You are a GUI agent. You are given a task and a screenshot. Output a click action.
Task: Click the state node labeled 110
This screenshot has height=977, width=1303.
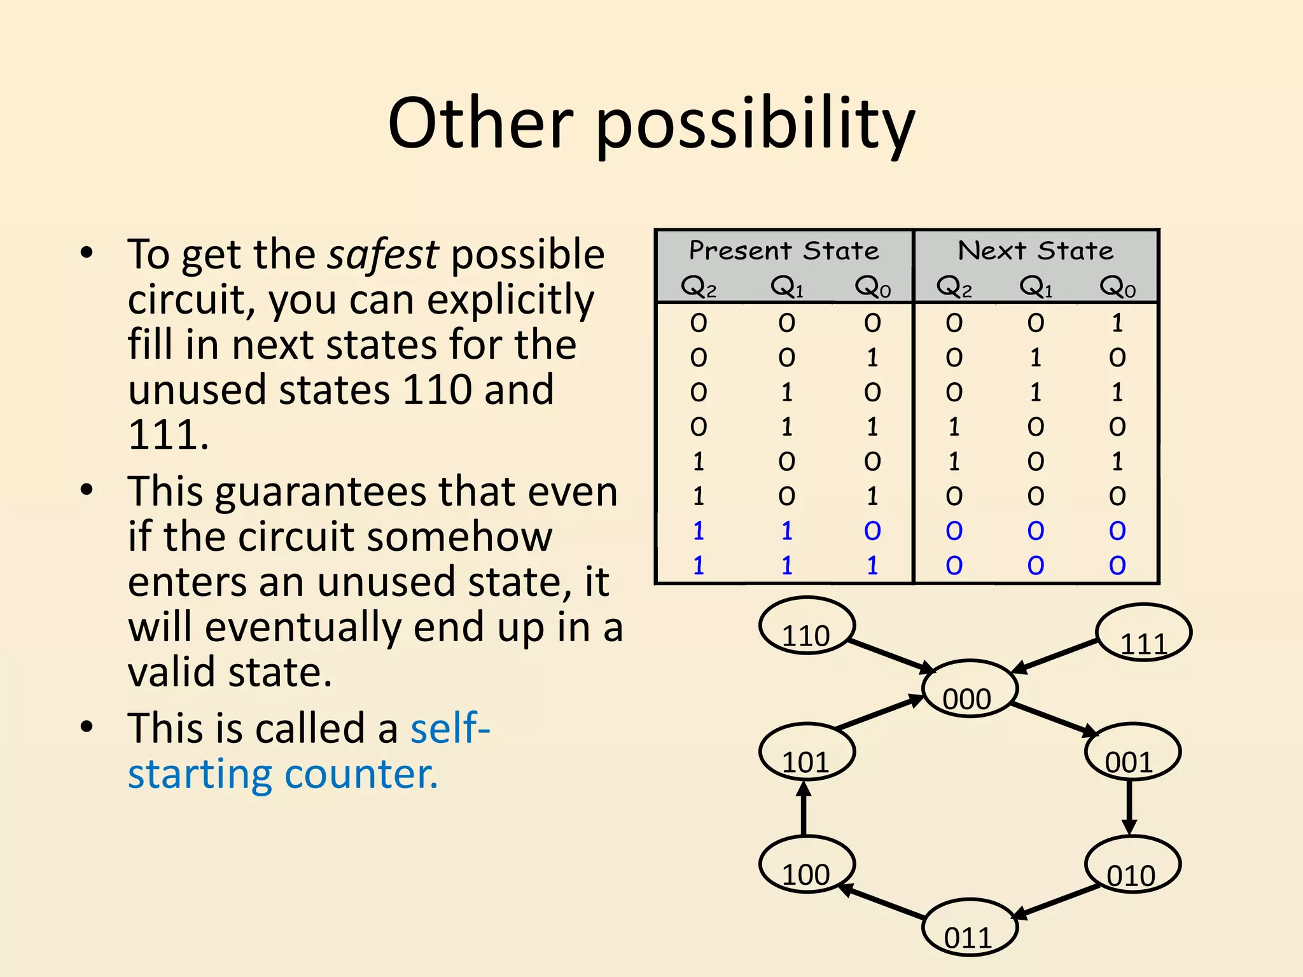807,626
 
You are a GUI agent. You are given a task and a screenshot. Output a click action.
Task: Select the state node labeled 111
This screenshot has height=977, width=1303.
1143,633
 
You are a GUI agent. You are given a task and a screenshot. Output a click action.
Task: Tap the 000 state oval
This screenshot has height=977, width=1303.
970,689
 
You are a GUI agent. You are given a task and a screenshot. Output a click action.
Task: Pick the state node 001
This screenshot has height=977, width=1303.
1132,752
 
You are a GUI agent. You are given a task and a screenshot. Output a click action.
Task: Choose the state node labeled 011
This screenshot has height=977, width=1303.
970,927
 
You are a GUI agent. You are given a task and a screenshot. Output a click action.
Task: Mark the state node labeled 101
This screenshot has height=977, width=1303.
807,752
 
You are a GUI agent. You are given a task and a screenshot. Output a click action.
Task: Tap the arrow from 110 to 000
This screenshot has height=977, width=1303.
891,655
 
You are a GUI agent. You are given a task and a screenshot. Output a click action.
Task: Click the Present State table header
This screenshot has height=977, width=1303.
784,251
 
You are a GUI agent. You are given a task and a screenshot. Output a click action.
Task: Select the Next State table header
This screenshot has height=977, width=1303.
1036,251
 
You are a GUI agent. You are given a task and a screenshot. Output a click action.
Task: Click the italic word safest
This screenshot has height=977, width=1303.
382,254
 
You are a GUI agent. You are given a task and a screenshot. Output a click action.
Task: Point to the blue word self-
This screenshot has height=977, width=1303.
450,728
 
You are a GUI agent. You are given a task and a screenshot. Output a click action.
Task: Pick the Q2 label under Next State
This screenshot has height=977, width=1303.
954,287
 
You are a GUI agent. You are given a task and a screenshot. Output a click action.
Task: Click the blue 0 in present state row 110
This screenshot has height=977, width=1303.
872,531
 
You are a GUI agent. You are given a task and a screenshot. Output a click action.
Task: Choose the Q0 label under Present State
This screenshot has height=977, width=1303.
872,287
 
